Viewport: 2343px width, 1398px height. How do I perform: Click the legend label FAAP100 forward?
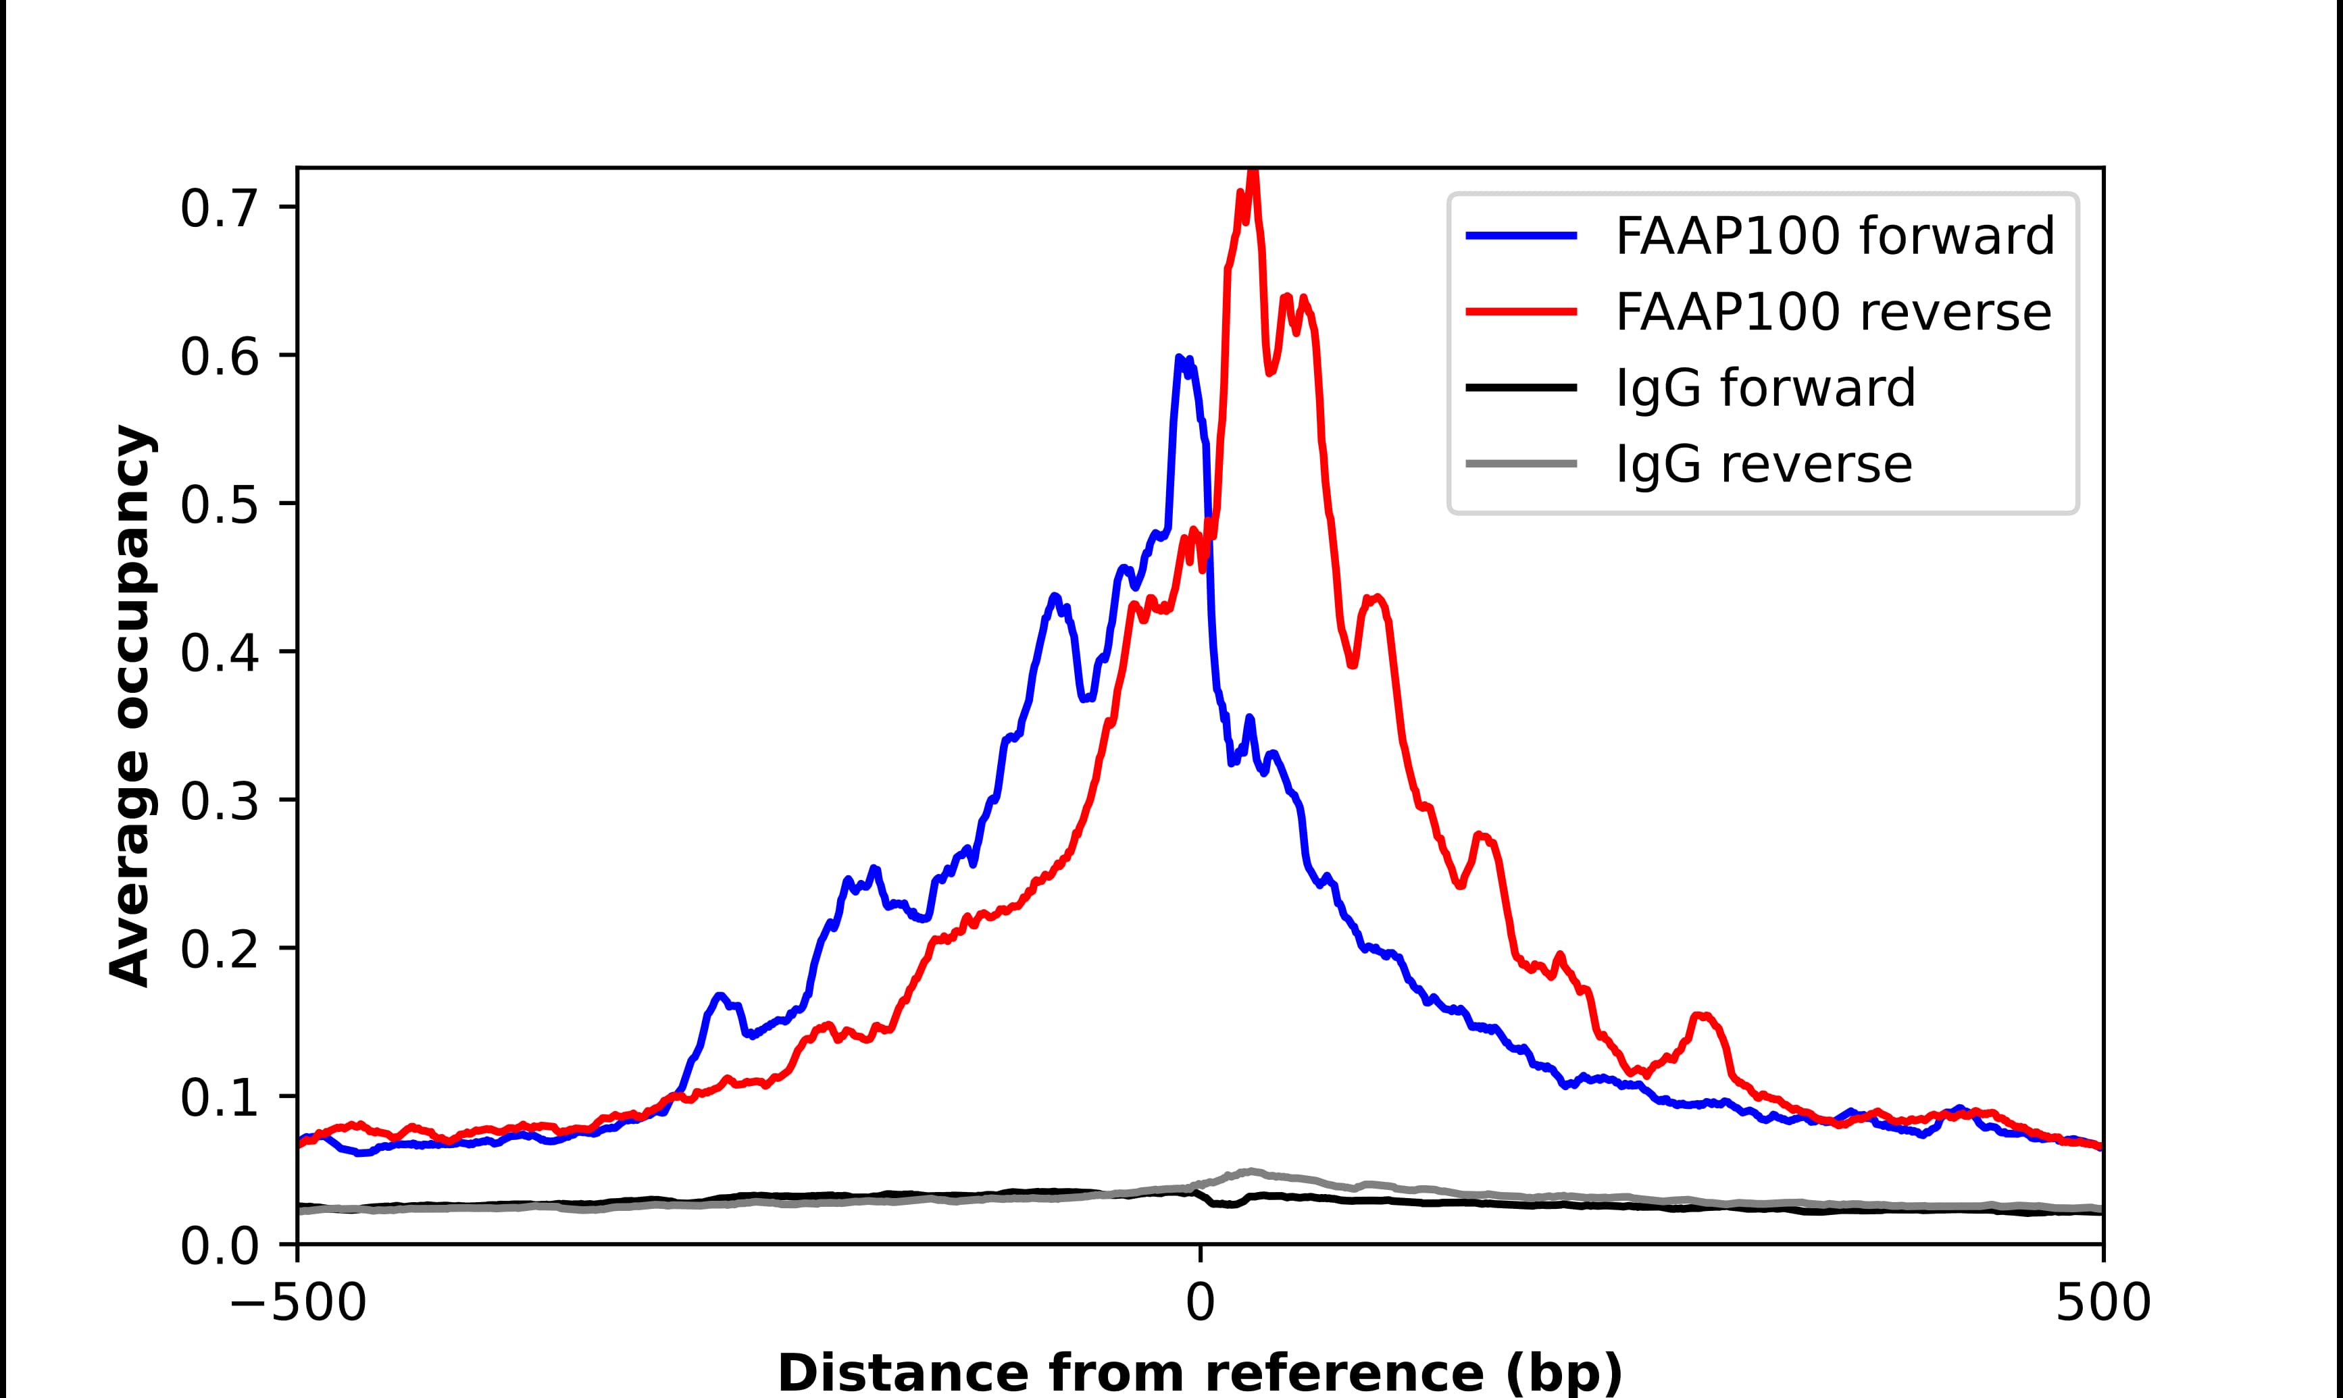tap(1834, 236)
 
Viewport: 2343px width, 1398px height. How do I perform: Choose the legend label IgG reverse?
tap(1763, 463)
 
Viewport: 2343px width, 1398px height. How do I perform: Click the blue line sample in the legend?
tap(1521, 236)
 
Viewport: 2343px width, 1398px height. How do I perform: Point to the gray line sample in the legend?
tap(1521, 463)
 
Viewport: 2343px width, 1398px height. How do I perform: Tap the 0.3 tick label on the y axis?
tap(219, 802)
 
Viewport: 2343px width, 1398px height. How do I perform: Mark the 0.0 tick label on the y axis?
tap(219, 1246)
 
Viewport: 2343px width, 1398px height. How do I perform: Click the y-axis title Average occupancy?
tap(130, 706)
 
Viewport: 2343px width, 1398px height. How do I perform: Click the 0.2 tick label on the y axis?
tap(219, 950)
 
